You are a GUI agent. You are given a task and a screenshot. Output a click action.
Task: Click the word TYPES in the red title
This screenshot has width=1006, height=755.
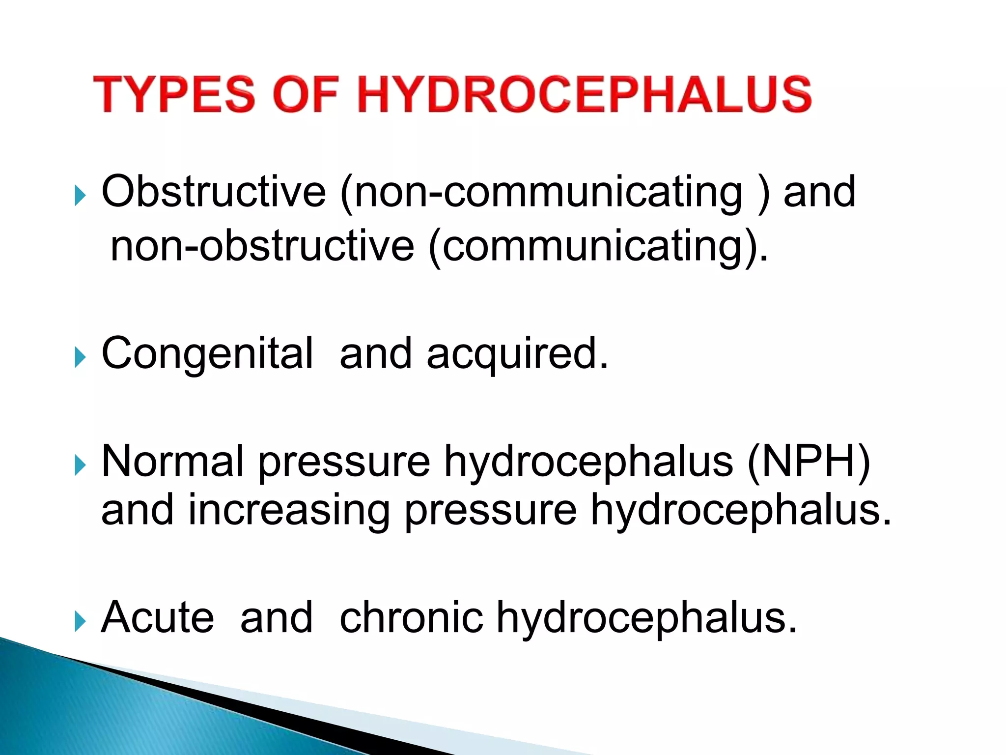point(174,94)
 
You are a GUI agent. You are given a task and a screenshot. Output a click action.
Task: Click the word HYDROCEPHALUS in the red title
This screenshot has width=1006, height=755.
point(584,94)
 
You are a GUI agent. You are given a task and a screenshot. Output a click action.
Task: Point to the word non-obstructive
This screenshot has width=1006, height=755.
point(262,246)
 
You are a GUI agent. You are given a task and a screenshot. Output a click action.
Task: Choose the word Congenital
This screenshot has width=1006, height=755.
point(207,353)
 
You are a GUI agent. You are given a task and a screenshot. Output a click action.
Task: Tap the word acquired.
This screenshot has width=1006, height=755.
point(518,354)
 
